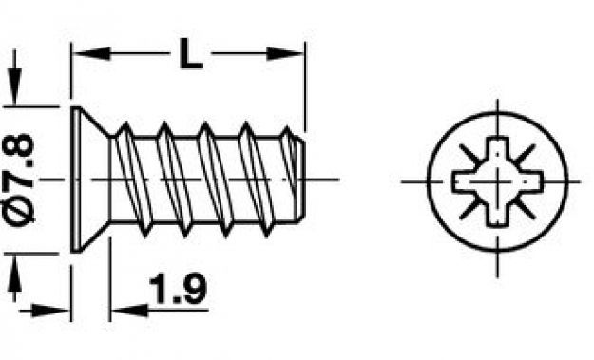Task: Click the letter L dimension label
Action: (191, 54)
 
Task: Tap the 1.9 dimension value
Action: (178, 289)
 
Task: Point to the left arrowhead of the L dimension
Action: (91, 53)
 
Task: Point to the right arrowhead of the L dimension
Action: (285, 53)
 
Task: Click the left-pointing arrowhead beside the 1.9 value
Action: (129, 311)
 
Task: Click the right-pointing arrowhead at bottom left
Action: (51, 311)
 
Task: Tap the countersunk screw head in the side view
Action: (89, 180)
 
